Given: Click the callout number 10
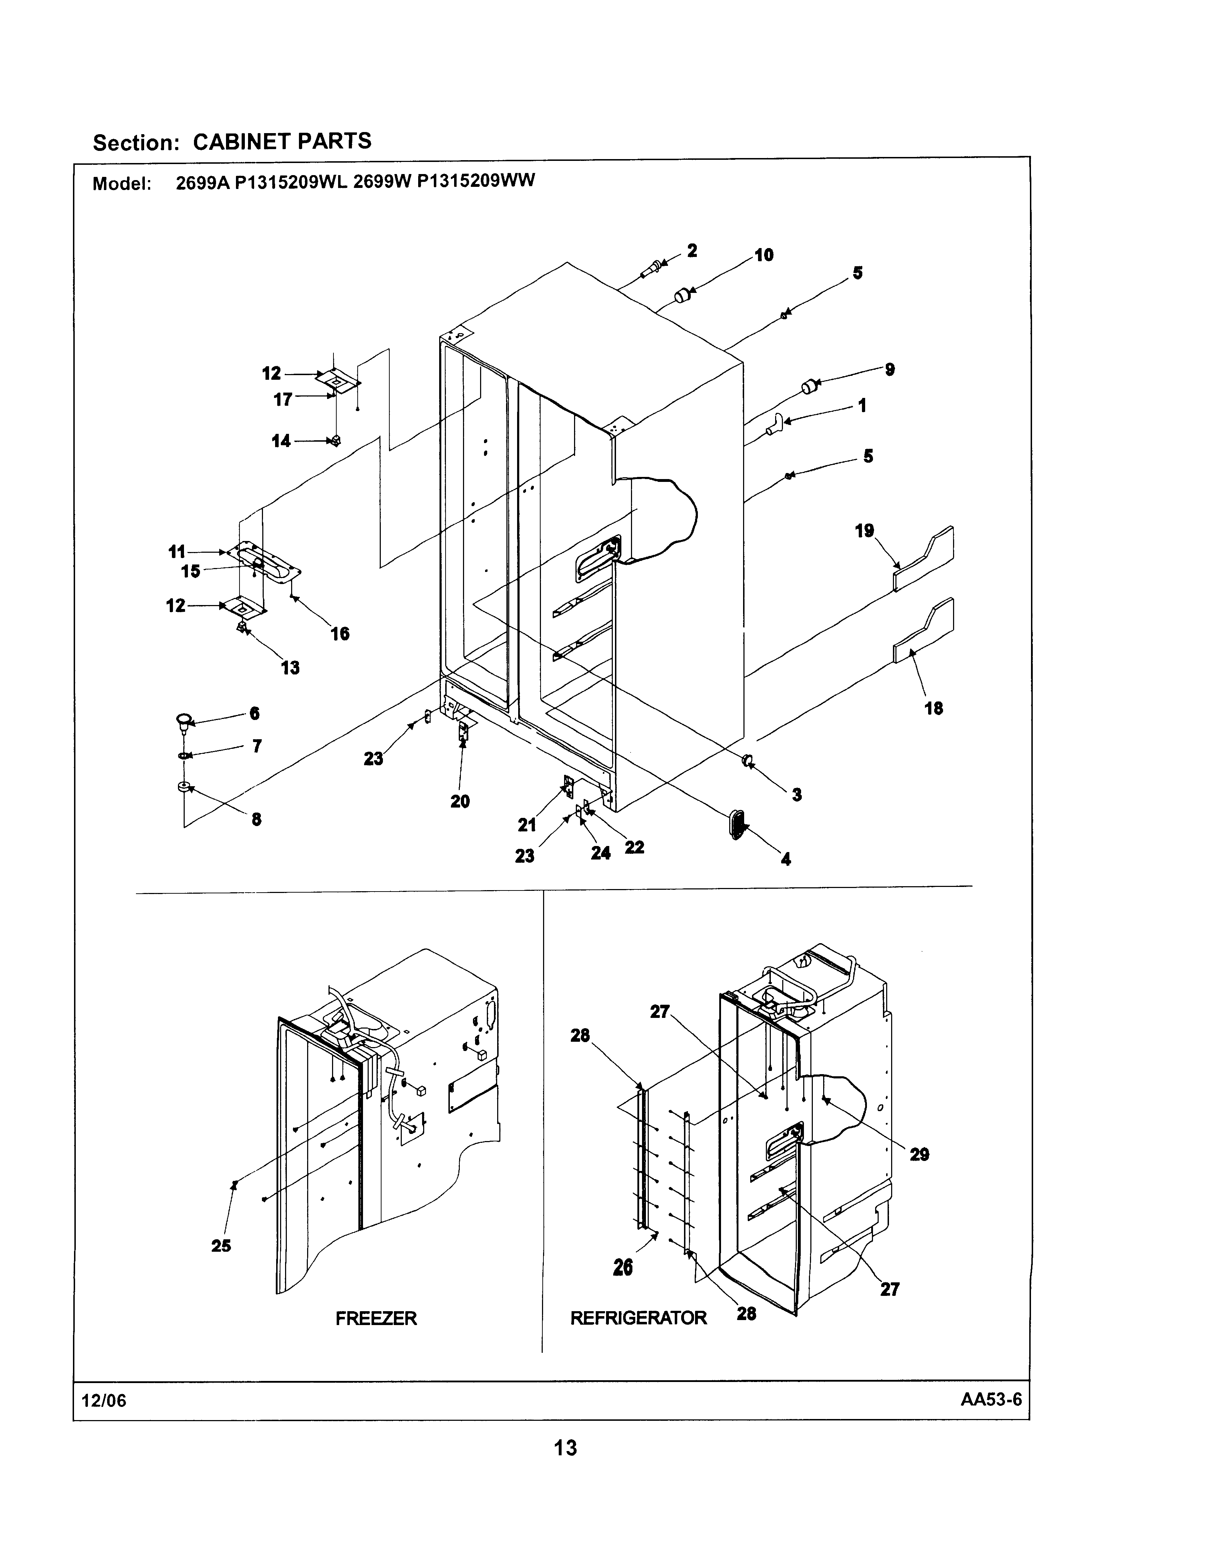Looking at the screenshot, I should coord(764,255).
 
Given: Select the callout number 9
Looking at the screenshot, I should coord(890,370).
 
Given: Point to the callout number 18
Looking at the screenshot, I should coord(933,708).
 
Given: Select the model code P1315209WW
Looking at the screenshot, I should coord(475,181).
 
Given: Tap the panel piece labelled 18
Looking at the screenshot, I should coord(925,631).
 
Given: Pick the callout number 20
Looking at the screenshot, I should coord(459,801).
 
